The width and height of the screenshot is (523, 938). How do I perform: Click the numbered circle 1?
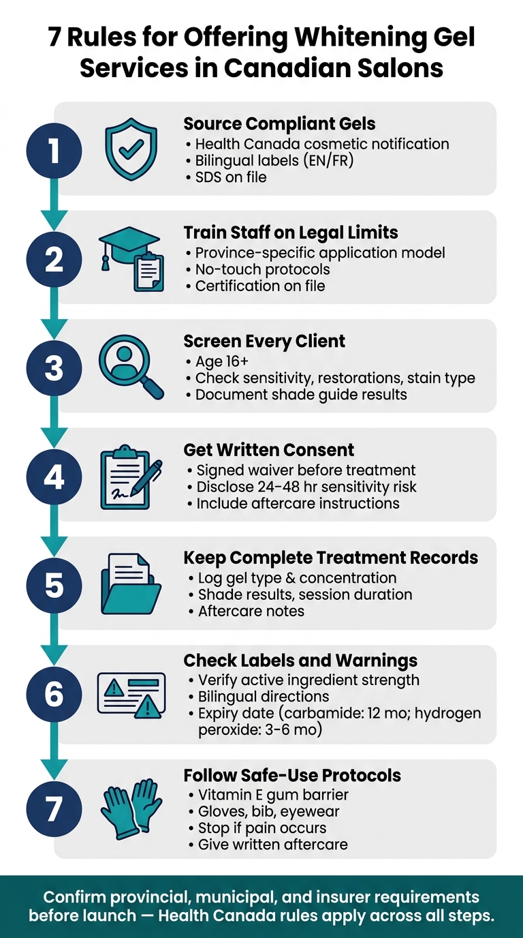(54, 151)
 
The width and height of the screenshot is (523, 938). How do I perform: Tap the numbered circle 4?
(54, 476)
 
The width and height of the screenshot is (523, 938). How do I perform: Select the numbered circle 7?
(54, 808)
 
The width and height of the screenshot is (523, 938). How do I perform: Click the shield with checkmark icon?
(131, 149)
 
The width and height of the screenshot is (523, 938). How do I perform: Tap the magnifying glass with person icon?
(131, 367)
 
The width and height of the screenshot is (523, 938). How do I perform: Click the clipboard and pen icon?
(131, 477)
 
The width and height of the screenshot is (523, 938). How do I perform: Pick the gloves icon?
(131, 808)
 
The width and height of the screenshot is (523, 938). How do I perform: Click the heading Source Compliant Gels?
(279, 123)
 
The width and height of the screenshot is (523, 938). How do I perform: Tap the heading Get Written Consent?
(268, 450)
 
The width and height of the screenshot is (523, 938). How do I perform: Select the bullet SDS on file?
(226, 177)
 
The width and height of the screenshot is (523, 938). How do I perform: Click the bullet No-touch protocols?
(258, 269)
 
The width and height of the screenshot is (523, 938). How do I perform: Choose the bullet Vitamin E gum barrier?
(268, 794)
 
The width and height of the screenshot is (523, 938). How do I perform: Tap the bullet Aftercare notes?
(247, 611)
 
